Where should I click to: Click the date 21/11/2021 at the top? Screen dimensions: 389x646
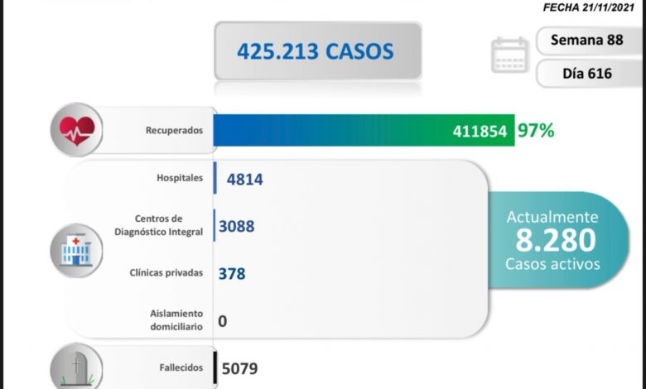610,7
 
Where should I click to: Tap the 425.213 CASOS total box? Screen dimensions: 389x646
317,51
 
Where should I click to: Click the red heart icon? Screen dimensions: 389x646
76,129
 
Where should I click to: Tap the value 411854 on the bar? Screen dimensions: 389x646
480,131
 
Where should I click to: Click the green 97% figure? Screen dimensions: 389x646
536,130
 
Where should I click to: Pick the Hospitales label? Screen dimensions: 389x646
179,177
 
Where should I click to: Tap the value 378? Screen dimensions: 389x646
232,272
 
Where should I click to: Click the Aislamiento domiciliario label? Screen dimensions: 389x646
176,319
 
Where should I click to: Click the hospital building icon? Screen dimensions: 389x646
76,248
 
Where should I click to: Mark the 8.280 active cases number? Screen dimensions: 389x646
554,240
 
